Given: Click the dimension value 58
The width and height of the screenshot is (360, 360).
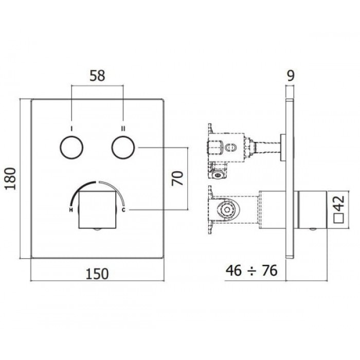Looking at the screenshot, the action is (x=97, y=76).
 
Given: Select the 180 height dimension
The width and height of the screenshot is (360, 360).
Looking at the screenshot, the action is (x=11, y=179).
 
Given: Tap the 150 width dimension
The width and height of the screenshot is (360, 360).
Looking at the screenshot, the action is (x=97, y=274).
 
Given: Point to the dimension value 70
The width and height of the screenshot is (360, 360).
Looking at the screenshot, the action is (x=178, y=178).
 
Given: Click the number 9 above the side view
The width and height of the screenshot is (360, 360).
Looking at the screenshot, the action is (x=291, y=76).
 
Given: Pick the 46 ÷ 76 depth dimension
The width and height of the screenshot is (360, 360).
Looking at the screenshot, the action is (x=251, y=270).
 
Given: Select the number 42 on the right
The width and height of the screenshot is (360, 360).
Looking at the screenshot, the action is (x=339, y=203).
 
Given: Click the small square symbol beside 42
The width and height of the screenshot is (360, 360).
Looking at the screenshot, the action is (x=339, y=218).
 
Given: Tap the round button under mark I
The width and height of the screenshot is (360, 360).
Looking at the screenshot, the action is (x=71, y=148).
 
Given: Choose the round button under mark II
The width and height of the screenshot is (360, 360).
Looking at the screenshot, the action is (x=123, y=148).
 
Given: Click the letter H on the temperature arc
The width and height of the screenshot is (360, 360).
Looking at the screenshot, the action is (x=71, y=210).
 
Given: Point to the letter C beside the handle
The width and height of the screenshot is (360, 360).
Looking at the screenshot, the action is (x=123, y=210).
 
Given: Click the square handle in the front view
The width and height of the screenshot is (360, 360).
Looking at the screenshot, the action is (x=97, y=210).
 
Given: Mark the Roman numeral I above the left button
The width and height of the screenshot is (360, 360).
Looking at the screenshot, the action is (x=71, y=129).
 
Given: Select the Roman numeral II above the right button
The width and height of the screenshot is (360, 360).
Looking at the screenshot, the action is (x=123, y=129).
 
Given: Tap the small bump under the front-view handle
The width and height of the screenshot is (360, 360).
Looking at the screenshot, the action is (x=97, y=229).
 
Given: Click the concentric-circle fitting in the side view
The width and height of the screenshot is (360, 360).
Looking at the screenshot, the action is (x=227, y=210).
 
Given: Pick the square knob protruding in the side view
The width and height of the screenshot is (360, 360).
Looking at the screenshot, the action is (x=313, y=210).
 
